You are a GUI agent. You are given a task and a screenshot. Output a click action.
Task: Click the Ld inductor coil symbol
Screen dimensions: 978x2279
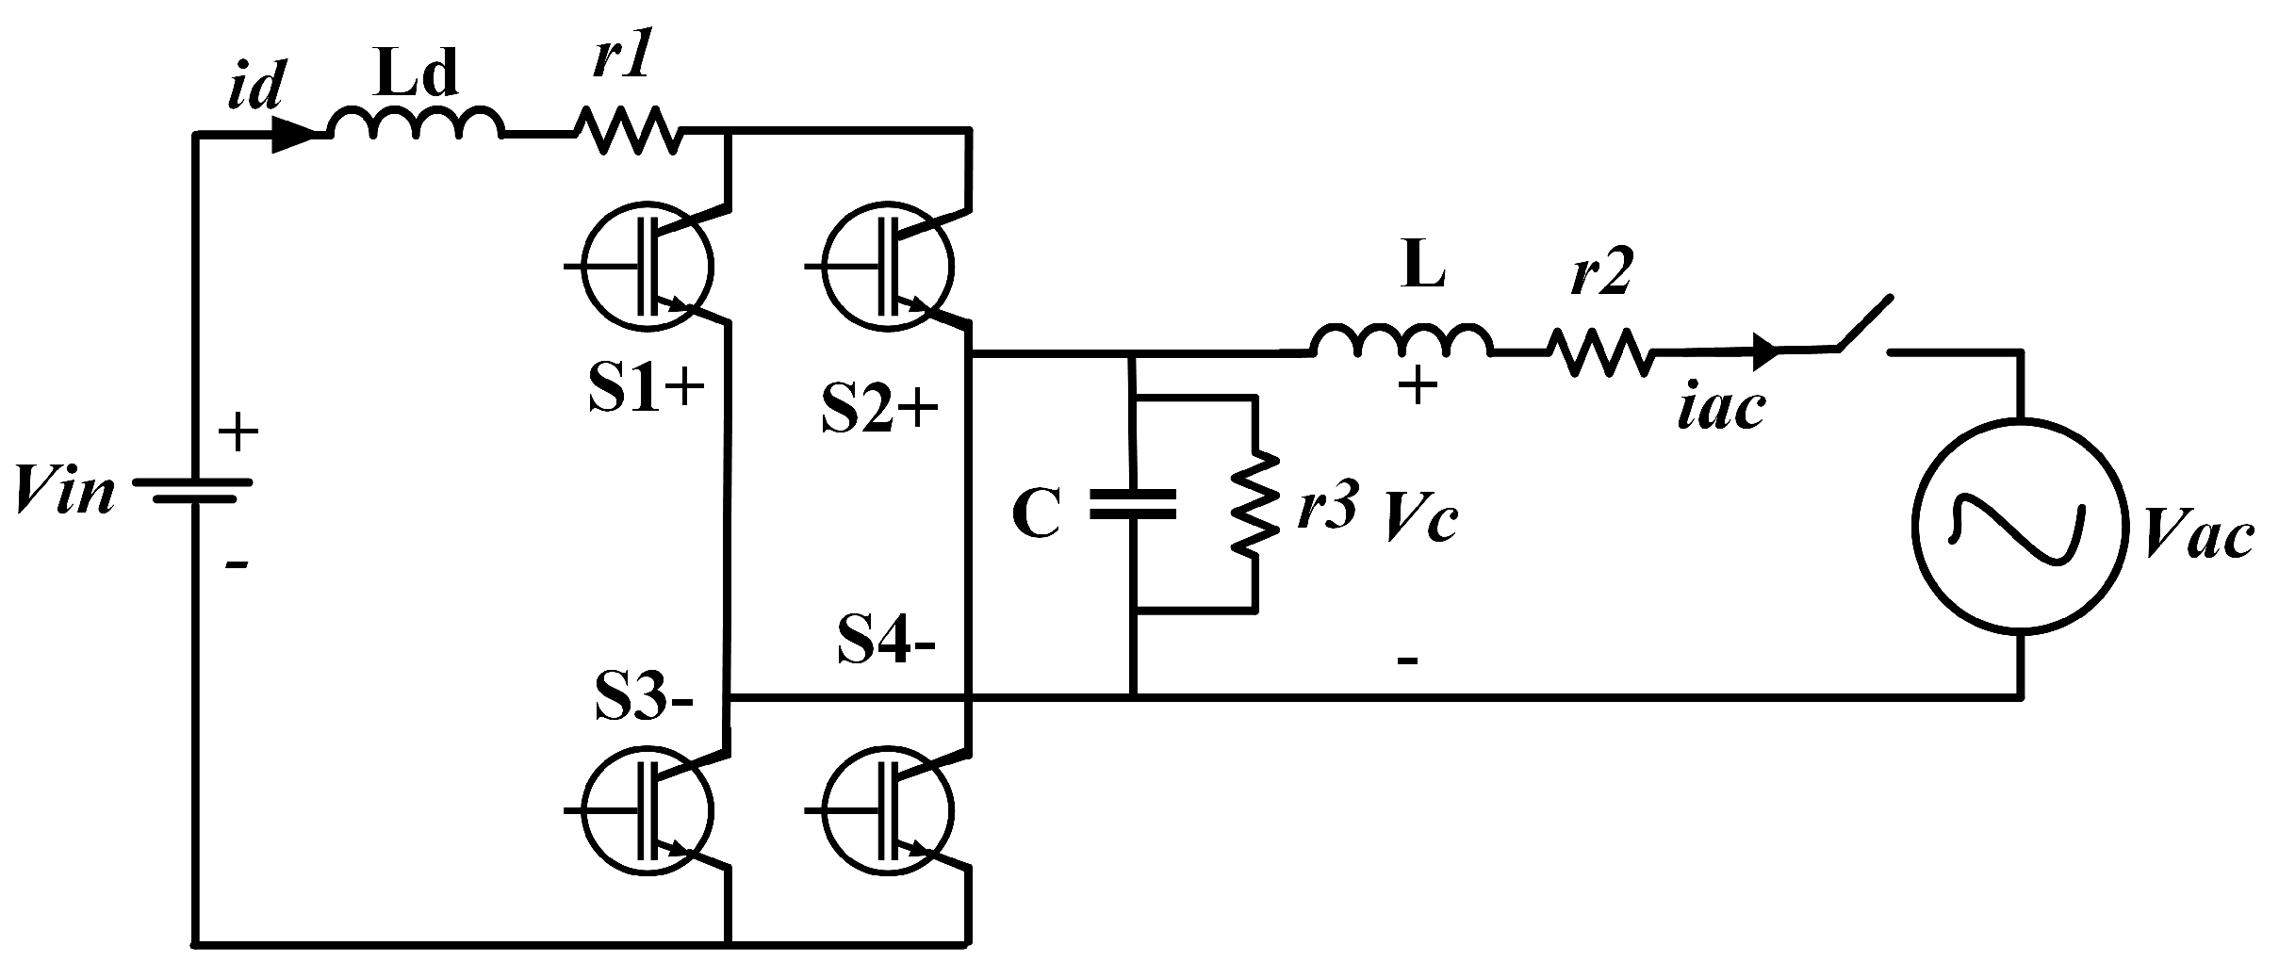coord(415,124)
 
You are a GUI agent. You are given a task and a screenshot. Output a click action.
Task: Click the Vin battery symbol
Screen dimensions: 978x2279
coord(193,492)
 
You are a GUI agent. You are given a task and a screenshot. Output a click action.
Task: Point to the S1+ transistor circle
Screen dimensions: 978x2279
coord(647,267)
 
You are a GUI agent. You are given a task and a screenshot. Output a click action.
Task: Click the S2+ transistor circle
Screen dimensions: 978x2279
coord(887,267)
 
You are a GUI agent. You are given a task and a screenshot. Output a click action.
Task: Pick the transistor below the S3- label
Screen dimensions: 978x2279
coord(647,808)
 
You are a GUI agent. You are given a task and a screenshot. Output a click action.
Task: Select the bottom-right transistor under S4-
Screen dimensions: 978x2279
coord(887,808)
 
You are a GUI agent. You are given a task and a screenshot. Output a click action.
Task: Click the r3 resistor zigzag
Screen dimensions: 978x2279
coord(1254,504)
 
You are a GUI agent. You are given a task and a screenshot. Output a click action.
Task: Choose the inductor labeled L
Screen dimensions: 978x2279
coord(1402,343)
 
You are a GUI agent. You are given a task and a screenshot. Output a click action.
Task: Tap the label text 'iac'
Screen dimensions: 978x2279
coord(1721,409)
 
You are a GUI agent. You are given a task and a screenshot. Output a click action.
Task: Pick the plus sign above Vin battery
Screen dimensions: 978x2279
coord(238,433)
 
